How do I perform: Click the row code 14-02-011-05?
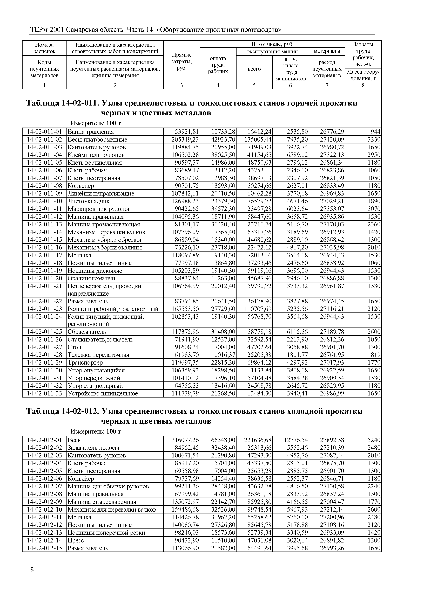[x=44, y=163]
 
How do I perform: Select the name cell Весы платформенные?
[x=97, y=140]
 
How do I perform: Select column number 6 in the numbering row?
[x=290, y=86]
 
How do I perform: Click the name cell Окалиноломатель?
[x=92, y=278]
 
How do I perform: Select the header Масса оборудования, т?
[x=363, y=75]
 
